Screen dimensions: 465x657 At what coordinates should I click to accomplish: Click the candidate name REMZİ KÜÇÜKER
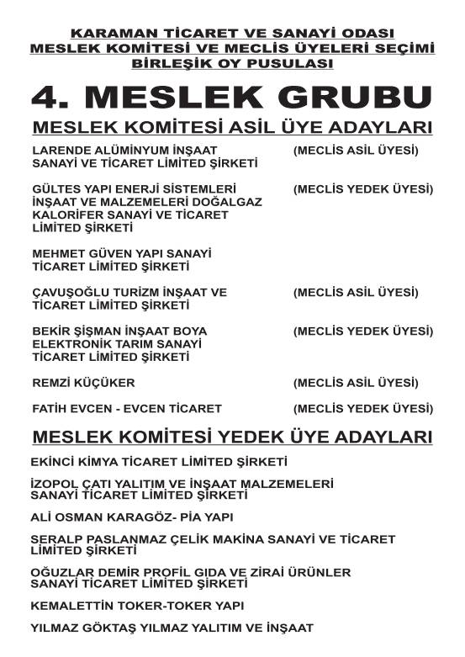tap(83, 383)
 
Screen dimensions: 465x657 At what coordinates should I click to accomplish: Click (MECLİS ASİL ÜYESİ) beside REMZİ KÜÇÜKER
tap(356, 383)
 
